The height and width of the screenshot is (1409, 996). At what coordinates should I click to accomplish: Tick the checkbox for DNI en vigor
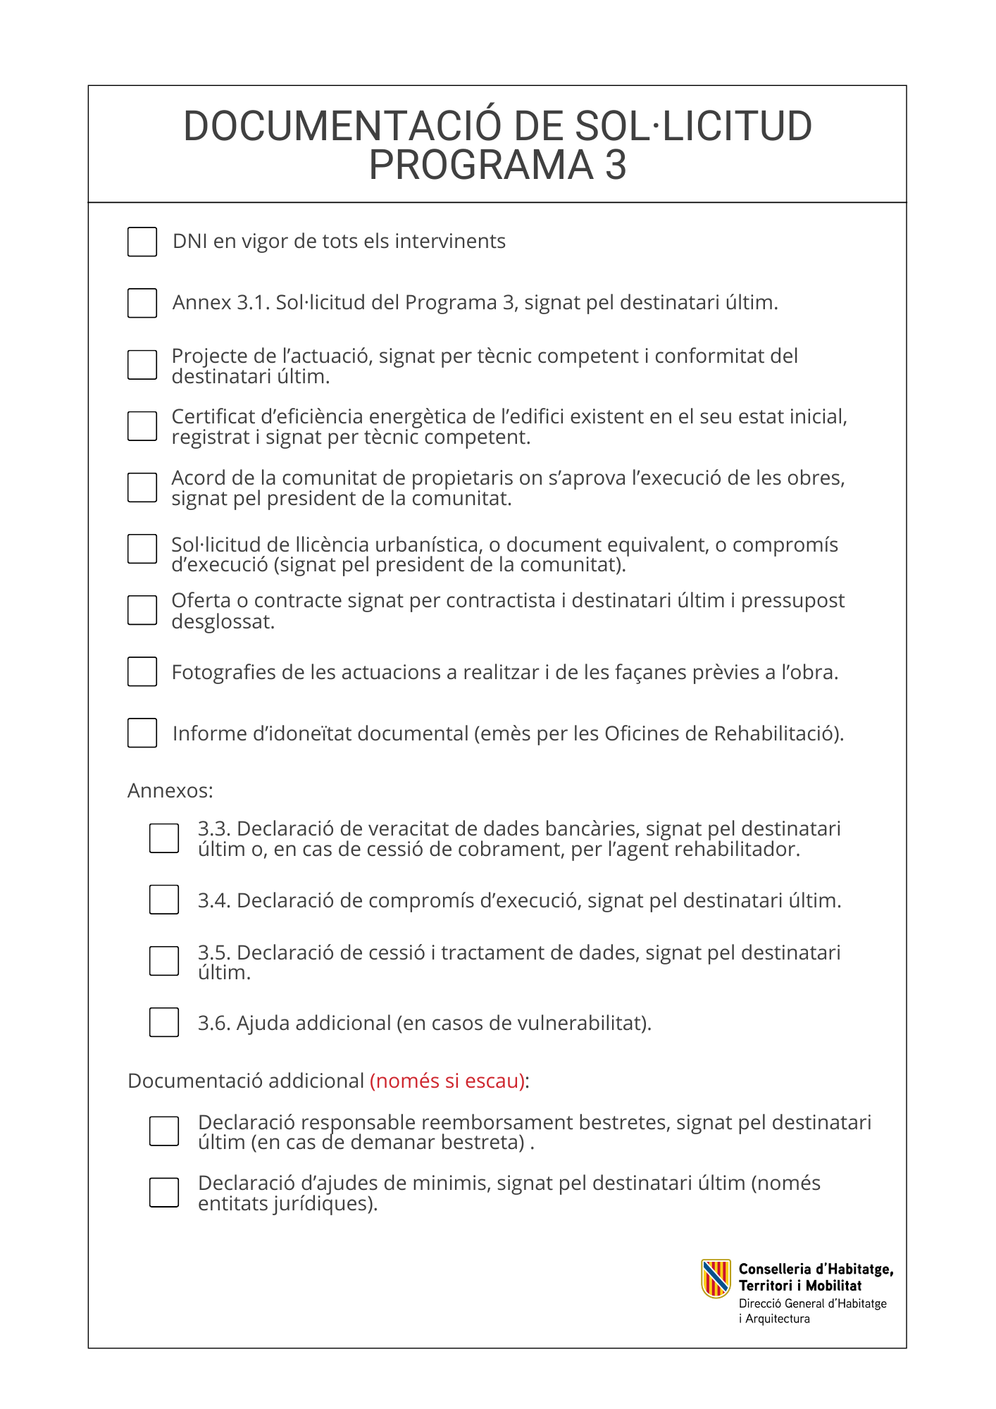coord(142,242)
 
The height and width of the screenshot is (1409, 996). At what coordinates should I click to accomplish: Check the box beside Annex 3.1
coord(142,303)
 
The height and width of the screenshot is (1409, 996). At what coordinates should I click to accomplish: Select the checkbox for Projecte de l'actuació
coord(142,365)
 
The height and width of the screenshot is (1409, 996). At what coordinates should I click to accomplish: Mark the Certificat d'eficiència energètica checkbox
coord(142,426)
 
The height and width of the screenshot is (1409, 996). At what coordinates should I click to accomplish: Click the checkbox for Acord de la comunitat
coord(142,488)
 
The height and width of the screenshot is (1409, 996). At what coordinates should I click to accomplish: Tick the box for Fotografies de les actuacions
coord(142,671)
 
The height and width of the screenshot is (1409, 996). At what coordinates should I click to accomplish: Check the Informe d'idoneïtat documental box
coord(142,733)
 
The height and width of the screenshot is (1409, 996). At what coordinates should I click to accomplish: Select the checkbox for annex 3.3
coord(164,838)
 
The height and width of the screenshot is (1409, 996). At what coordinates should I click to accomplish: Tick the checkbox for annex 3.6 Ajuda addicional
coord(164,1022)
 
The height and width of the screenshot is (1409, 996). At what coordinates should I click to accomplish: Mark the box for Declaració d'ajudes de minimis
coord(164,1193)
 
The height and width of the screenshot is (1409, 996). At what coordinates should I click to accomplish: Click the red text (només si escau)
coord(447,1081)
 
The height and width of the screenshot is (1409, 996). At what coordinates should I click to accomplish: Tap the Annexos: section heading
coord(170,790)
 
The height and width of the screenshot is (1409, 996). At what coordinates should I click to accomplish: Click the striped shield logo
coord(716,1279)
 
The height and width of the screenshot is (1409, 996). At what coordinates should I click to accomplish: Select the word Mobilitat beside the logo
coord(834,1286)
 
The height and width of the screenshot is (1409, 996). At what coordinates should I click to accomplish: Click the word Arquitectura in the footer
coord(778,1319)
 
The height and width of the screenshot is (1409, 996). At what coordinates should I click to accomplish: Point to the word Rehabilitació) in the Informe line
coord(778,733)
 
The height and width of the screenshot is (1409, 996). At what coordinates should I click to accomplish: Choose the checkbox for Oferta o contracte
coord(142,610)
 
